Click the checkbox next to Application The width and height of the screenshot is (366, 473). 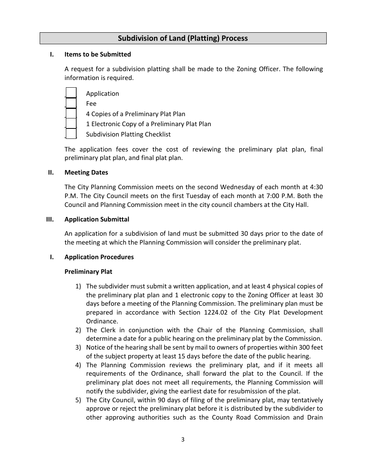[71, 93]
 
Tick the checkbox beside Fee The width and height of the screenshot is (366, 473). [71, 103]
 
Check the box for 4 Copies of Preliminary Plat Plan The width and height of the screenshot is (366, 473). [71, 113]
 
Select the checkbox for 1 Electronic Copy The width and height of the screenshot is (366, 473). [71, 124]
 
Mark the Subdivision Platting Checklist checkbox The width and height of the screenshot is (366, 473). [71, 134]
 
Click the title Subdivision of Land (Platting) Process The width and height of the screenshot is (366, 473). [183, 38]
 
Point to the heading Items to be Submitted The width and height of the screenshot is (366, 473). [97, 55]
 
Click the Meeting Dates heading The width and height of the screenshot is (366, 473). [86, 173]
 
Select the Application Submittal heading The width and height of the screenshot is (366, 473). [97, 220]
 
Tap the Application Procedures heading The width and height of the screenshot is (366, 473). [99, 257]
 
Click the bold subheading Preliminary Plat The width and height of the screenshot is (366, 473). [88, 272]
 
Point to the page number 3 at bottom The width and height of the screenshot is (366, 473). [183, 440]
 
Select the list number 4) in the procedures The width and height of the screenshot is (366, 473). [78, 365]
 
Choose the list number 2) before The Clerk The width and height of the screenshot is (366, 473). [78, 330]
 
